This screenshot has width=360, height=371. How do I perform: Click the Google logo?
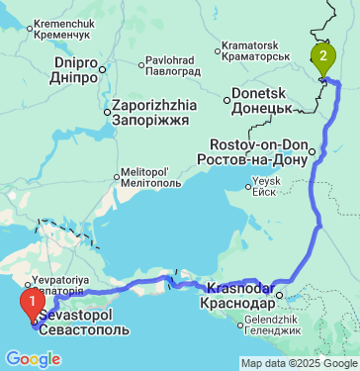pos(34,358)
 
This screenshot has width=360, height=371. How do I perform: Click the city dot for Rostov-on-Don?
pos(312,151)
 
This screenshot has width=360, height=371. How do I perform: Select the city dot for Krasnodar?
pos(279,294)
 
